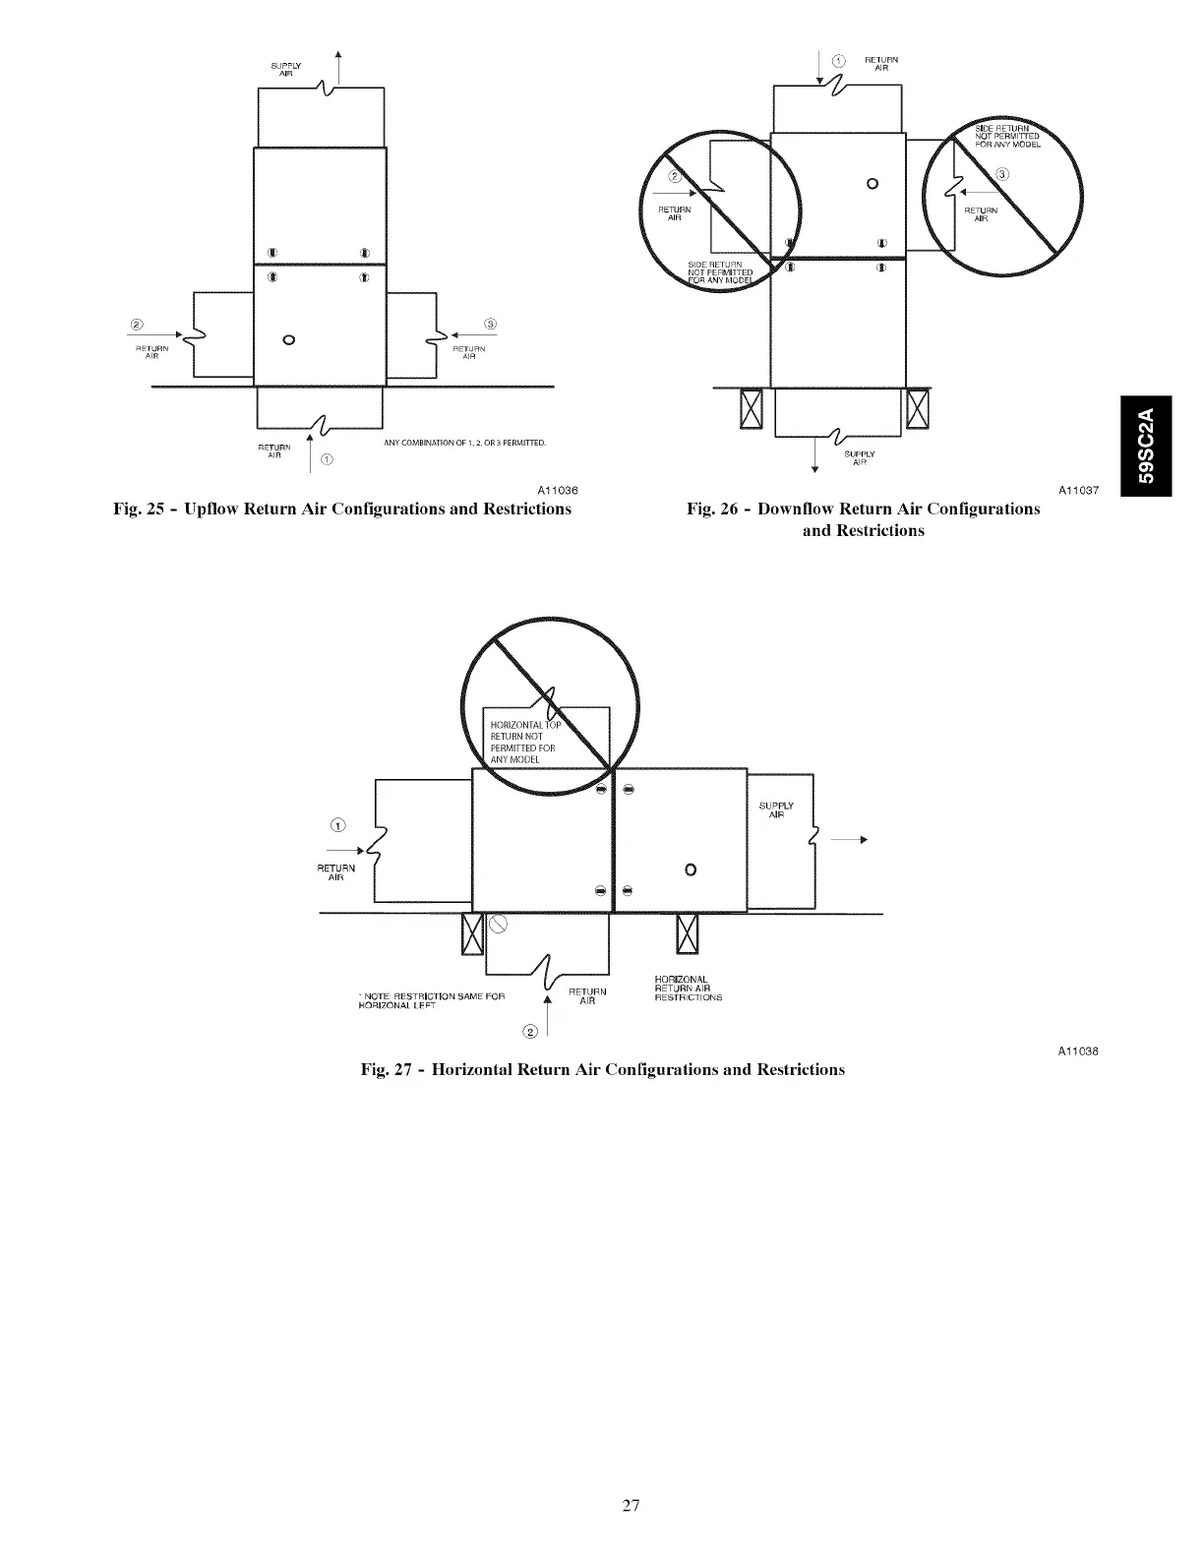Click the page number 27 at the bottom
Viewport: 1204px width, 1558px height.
[x=631, y=1505]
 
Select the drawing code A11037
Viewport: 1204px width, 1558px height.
[x=1078, y=490]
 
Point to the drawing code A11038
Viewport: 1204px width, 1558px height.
[x=1078, y=1051]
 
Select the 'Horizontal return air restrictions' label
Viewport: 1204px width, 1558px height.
[x=688, y=988]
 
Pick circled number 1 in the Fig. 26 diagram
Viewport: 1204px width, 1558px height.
[x=838, y=61]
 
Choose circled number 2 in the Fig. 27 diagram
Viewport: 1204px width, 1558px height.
[x=531, y=1031]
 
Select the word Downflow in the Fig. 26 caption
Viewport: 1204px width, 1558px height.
[x=795, y=509]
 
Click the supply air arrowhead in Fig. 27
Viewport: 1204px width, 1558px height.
[x=862, y=840]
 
